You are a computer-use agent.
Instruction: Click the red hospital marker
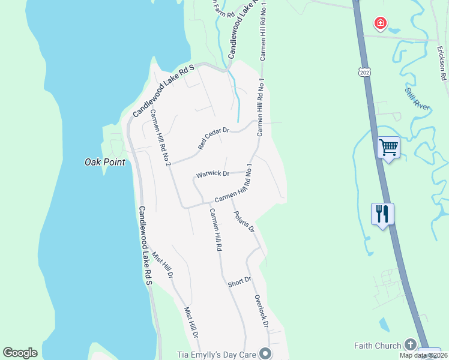point(380,23)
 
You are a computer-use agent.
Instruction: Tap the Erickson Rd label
point(442,68)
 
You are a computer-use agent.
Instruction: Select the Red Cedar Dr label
point(214,138)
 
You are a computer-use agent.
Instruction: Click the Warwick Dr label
point(212,175)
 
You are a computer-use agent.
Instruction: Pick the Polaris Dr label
point(244,221)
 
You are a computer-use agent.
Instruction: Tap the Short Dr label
point(239,282)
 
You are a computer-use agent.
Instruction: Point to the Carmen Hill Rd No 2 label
point(161,139)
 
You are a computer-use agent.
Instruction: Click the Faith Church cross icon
point(410,344)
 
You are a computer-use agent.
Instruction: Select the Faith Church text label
point(377,346)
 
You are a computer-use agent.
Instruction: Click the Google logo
point(20,353)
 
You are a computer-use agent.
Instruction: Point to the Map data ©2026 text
point(423,355)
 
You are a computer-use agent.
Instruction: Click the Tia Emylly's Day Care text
point(217,354)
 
